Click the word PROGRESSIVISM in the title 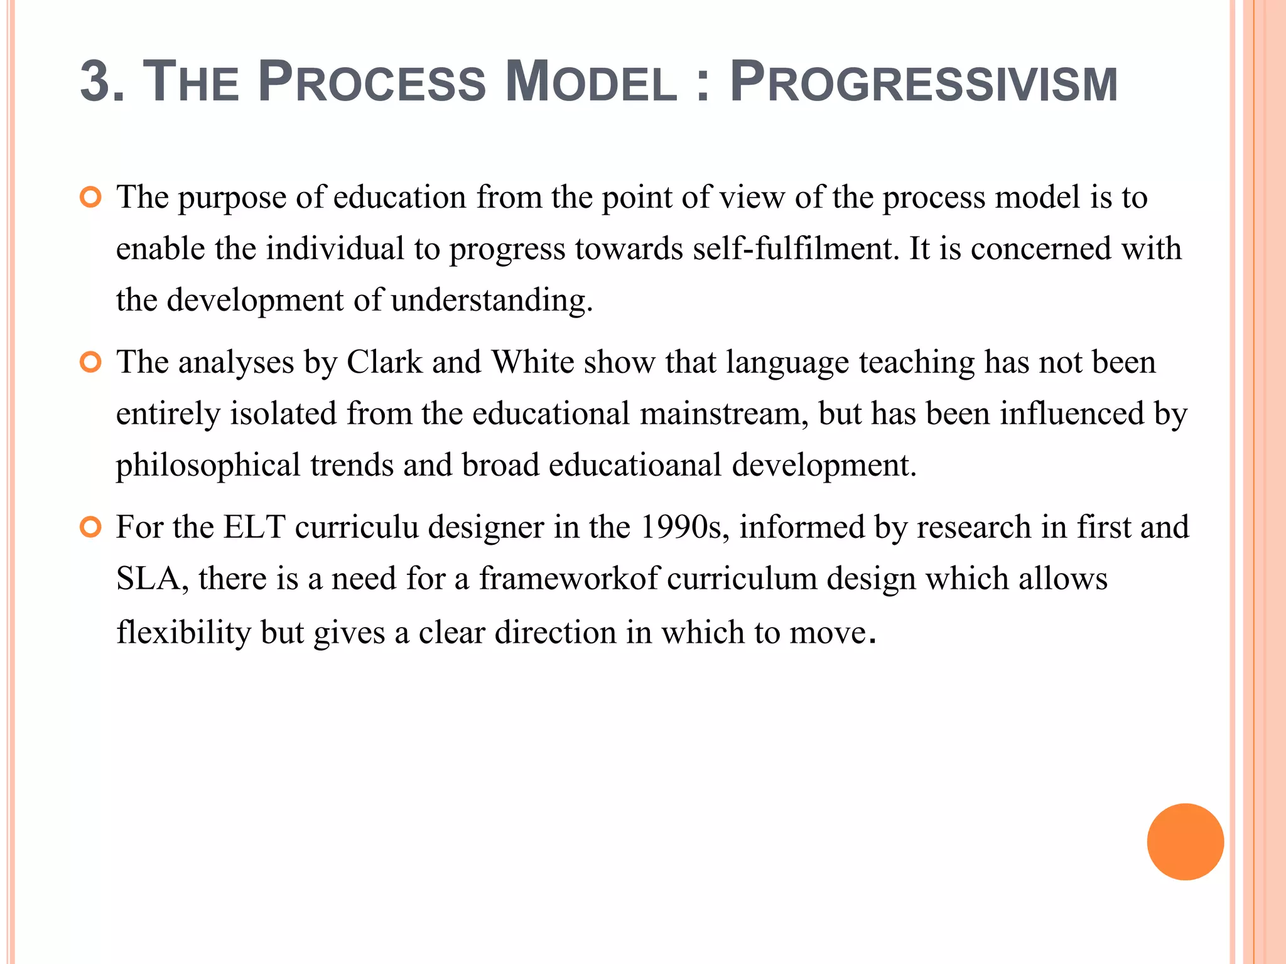click(923, 82)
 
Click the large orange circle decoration click(1185, 842)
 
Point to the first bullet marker click(91, 198)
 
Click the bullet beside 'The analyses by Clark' click(91, 363)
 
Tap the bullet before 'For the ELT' click(91, 528)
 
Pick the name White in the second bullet click(532, 363)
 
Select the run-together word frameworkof click(568, 579)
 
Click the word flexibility click(183, 633)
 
